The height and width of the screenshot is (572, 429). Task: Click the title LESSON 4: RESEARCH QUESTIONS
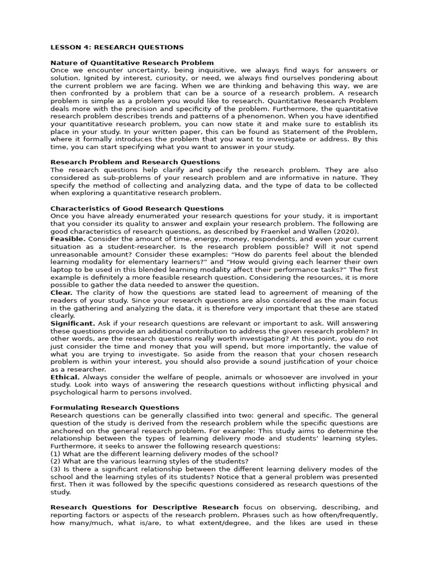point(117,47)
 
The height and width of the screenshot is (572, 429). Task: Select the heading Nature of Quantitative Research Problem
point(132,63)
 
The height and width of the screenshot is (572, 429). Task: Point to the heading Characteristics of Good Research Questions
point(137,208)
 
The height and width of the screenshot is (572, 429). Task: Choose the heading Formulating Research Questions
point(115,408)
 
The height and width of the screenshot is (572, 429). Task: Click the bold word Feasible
point(68,239)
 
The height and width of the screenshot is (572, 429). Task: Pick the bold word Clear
point(61,292)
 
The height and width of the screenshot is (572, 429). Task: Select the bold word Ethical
point(65,377)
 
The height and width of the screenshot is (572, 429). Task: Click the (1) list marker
point(55,454)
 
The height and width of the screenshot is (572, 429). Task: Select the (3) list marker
point(55,469)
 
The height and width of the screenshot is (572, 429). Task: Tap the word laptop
point(63,269)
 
